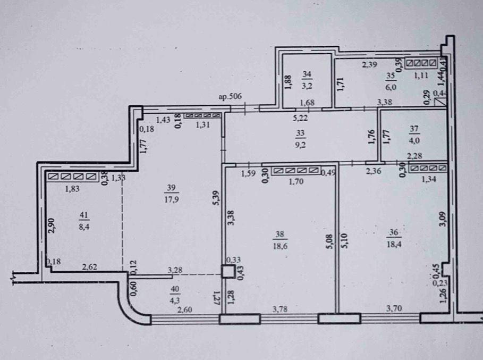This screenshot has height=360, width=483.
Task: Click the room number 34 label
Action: pyautogui.click(x=307, y=74)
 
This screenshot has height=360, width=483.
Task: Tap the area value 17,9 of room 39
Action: pyautogui.click(x=172, y=199)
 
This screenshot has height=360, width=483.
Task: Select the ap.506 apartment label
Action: pyautogui.click(x=230, y=97)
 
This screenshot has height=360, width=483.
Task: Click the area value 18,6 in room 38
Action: pyautogui.click(x=279, y=246)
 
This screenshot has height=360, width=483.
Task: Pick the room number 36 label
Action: pyautogui.click(x=394, y=232)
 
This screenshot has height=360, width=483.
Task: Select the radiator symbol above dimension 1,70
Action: pyautogui.click(x=296, y=171)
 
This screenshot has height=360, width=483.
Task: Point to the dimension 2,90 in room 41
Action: pyautogui.click(x=52, y=225)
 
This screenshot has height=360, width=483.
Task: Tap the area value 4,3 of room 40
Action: pyautogui.click(x=175, y=300)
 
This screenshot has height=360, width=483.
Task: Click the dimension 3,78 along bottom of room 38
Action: pyautogui.click(x=280, y=308)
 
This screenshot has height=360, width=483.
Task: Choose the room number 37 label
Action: pyautogui.click(x=414, y=129)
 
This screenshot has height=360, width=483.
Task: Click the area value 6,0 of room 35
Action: pyautogui.click(x=391, y=87)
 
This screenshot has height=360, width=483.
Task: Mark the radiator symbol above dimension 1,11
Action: pyautogui.click(x=421, y=63)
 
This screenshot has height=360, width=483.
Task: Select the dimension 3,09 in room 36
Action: pyautogui.click(x=443, y=219)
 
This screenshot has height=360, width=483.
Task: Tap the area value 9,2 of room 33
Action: pyautogui.click(x=300, y=145)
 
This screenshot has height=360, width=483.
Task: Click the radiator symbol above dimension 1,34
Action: pyautogui.click(x=428, y=168)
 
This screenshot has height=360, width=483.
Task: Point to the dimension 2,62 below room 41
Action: pyautogui.click(x=90, y=266)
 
